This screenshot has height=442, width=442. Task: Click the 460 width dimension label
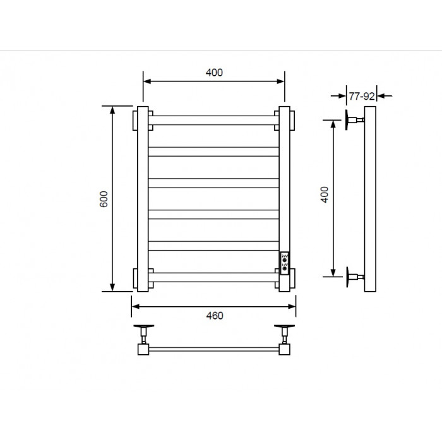click(215, 316)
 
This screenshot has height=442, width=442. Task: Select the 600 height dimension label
click(104, 199)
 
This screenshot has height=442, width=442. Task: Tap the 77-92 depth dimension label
click(362, 97)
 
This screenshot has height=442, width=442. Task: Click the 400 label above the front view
click(214, 73)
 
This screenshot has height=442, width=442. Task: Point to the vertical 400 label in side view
click(325, 194)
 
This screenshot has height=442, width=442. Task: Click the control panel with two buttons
click(285, 263)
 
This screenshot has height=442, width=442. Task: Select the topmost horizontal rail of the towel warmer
click(213, 120)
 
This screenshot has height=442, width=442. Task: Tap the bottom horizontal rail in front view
click(213, 277)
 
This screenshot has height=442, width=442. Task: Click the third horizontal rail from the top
click(213, 183)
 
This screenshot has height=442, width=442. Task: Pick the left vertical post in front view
click(143, 199)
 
